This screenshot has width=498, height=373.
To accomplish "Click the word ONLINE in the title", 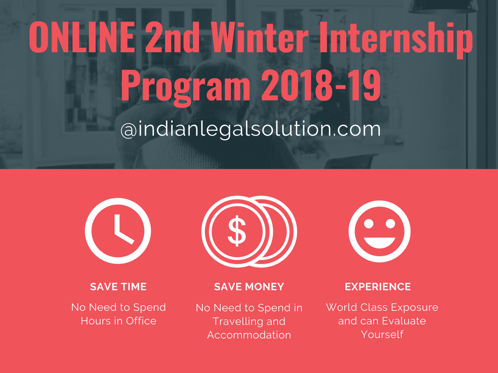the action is pos(82,36).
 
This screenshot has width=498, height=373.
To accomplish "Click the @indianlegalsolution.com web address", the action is pos(250,129).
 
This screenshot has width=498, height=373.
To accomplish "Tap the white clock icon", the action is pos(118,231).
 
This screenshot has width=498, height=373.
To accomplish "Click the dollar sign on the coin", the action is pos(237,231).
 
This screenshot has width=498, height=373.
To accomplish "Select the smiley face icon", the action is pos(379,231).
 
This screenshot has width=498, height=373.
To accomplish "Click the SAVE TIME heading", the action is pos(118,287).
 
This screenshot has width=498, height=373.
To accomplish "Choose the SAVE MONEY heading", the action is pos(249,287).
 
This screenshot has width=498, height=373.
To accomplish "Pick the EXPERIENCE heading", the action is pos(378,287).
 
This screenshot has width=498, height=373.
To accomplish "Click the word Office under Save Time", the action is pos(141,321).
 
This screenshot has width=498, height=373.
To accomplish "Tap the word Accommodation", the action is pos(249,335).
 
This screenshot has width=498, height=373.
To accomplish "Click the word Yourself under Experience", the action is pos(382,334).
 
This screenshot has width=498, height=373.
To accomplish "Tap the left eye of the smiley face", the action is pos(369,223).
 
